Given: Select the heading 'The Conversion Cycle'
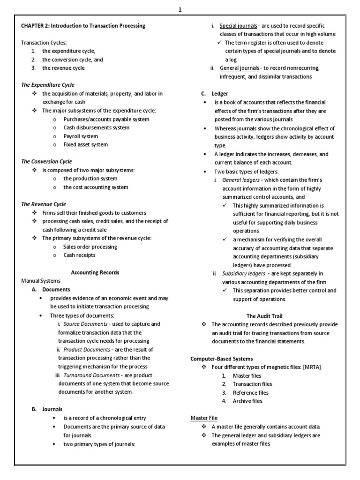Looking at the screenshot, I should (x=46, y=161).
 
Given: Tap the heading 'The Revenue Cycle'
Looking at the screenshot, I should (x=44, y=204).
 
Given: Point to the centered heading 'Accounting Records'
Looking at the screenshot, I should (x=95, y=272).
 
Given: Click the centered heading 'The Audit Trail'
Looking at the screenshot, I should (x=264, y=316).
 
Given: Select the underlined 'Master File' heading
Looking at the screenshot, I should (x=204, y=418).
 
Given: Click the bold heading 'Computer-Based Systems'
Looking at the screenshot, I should (x=222, y=359).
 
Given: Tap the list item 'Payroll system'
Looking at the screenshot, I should (x=81, y=136).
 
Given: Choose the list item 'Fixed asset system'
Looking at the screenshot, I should (x=85, y=144).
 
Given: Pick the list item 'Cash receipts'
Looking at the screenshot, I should (x=79, y=255).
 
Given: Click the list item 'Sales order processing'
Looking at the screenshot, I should (x=90, y=247).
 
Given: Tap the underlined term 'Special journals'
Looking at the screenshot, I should (x=238, y=26).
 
